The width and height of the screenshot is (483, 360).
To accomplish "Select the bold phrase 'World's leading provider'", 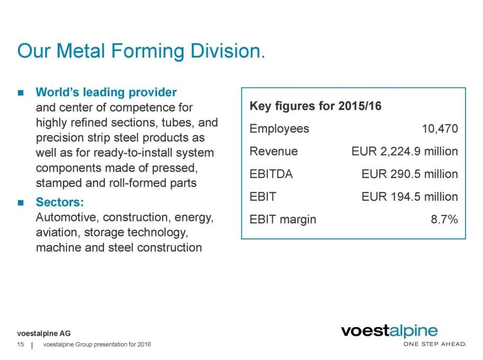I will [106, 92].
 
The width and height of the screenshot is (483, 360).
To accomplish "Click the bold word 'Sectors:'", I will [60, 203].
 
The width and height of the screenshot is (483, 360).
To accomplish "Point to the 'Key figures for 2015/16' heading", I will [315, 106].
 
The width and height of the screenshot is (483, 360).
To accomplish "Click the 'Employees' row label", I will [279, 129].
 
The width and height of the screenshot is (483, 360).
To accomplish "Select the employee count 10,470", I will [440, 129].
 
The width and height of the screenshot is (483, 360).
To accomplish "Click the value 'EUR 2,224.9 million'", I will [405, 151].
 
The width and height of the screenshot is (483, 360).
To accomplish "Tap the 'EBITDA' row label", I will [271, 174].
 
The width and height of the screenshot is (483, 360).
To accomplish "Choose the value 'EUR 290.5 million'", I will [409, 174].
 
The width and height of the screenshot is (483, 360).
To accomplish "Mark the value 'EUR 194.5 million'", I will [409, 196].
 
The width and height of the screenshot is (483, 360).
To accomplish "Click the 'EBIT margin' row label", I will [283, 219].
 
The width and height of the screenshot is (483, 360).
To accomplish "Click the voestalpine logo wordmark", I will [389, 331].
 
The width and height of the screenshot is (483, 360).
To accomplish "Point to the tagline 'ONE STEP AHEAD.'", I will [434, 344].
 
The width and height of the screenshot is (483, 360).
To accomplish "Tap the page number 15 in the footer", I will [20, 345].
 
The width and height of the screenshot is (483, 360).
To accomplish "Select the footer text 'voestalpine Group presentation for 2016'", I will [97, 345].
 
